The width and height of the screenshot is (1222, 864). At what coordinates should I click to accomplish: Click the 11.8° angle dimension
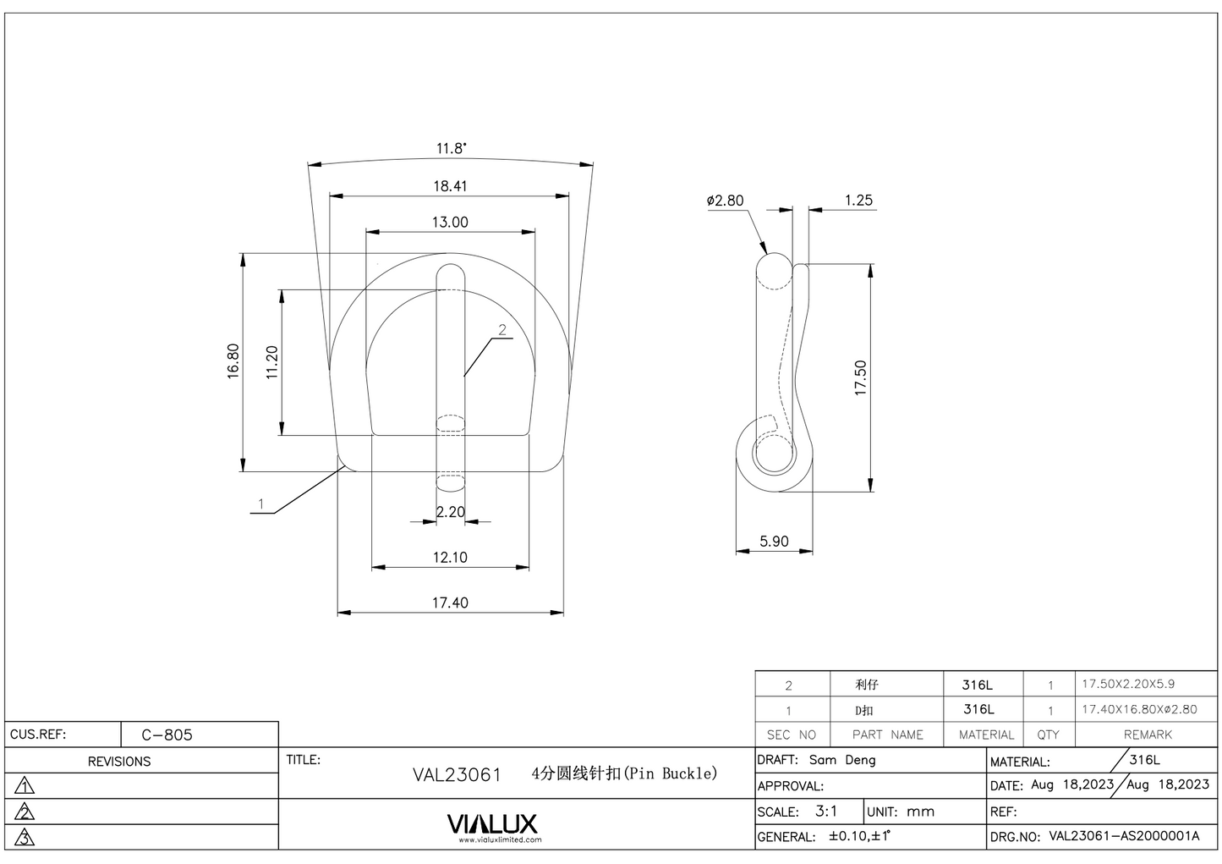[451, 148]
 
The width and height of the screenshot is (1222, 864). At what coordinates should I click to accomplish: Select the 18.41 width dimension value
[450, 186]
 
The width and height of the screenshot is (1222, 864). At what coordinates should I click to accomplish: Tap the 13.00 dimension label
[450, 223]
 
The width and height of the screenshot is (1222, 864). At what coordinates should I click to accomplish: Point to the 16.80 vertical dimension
[233, 361]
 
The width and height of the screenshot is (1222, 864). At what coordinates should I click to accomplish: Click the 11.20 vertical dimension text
[271, 361]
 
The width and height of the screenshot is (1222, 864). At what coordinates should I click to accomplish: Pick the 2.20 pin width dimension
[451, 512]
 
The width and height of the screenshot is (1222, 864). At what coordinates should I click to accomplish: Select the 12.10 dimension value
[450, 558]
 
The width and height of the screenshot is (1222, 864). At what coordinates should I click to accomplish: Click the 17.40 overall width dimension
[450, 603]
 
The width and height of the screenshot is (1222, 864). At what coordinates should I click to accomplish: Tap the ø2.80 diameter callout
[725, 201]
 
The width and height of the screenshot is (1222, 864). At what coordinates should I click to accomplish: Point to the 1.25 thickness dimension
[858, 201]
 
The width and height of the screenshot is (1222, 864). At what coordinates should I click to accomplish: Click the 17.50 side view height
[861, 378]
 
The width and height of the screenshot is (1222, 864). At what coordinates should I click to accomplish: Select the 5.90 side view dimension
[774, 542]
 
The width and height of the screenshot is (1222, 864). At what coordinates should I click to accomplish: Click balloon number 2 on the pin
[502, 330]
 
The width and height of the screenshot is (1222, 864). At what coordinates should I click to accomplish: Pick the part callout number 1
[261, 504]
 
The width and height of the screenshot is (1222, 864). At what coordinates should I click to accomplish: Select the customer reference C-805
[167, 735]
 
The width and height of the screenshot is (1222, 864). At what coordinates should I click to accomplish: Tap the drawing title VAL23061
[457, 774]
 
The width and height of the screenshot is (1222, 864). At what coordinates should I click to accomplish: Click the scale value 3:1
[826, 811]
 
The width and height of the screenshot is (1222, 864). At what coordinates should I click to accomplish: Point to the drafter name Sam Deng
[842, 760]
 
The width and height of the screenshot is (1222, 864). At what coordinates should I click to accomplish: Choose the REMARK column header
[1148, 735]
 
